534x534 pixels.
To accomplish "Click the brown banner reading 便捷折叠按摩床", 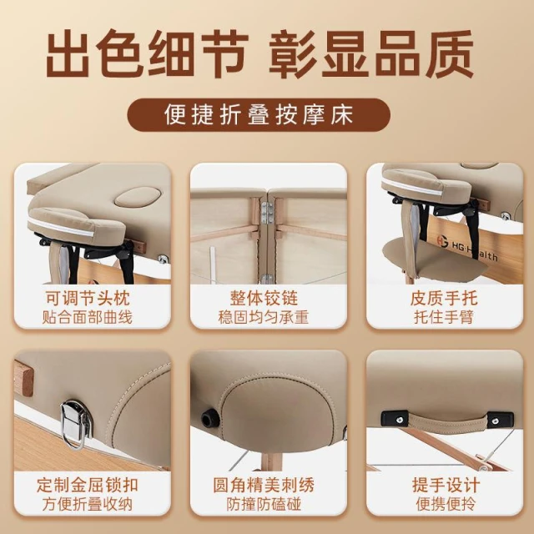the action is pyautogui.click(x=259, y=115).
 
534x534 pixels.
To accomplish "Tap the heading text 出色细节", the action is pyautogui.click(x=147, y=53).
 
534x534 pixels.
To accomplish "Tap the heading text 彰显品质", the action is pyautogui.click(x=371, y=53).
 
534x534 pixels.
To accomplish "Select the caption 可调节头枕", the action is pyautogui.click(x=88, y=299).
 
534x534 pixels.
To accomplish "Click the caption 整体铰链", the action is pyautogui.click(x=264, y=299).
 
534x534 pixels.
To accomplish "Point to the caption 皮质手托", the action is pyautogui.click(x=444, y=299).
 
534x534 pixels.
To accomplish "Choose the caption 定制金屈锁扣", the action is pyautogui.click(x=88, y=485).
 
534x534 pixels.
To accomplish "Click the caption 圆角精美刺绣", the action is pyautogui.click(x=264, y=485).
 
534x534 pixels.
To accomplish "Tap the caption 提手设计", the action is pyautogui.click(x=446, y=485).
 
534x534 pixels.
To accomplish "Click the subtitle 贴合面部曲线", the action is pyautogui.click(x=87, y=317).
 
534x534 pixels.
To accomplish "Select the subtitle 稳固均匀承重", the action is pyautogui.click(x=264, y=317).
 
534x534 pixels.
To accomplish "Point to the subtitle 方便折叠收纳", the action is pyautogui.click(x=87, y=504).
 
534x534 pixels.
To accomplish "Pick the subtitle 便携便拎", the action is pyautogui.click(x=446, y=504).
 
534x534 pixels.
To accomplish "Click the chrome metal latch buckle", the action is pyautogui.click(x=76, y=423).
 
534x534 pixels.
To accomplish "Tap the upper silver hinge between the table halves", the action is pyautogui.click(x=266, y=213).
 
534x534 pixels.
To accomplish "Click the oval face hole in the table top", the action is pyautogui.click(x=137, y=197).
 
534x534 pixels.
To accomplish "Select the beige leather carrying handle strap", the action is pyautogui.click(x=447, y=421).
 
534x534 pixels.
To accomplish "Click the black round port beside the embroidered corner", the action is pyautogui.click(x=207, y=417).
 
